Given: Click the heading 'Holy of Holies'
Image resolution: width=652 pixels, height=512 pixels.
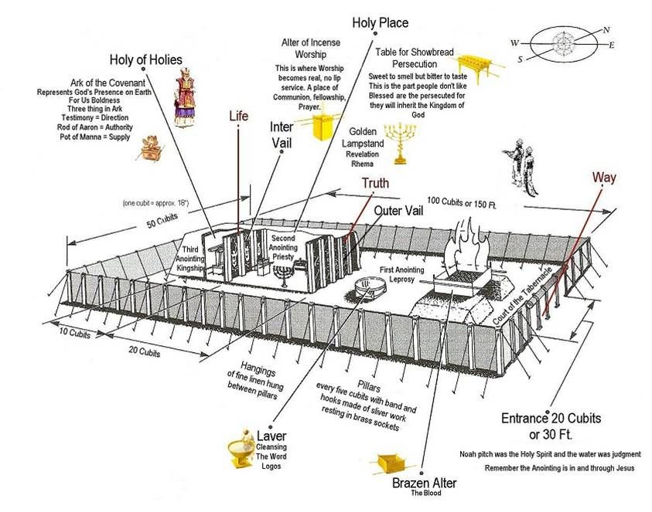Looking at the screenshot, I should coord(145,59).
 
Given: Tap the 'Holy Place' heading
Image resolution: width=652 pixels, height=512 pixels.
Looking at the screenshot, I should coord(381,22).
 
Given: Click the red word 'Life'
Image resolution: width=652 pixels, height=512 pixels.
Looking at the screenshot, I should coord(239,117).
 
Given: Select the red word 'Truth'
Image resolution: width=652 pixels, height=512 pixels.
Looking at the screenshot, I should coord(375,183).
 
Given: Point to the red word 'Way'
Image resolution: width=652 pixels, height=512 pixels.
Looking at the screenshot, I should coord(604,178).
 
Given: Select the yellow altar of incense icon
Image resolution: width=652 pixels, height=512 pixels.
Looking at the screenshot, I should coord(326,126).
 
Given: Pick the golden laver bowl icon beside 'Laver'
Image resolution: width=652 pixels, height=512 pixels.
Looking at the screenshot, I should coord(241,450).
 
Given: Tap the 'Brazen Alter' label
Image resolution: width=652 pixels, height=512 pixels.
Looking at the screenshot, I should coord(424,483).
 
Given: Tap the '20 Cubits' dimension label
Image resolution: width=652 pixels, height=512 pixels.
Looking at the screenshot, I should coord(145,353).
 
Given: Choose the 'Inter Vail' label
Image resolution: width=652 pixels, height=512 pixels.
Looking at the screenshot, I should coord(281,135).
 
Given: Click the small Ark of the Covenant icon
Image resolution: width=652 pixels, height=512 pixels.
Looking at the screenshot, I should coord(145,147).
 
